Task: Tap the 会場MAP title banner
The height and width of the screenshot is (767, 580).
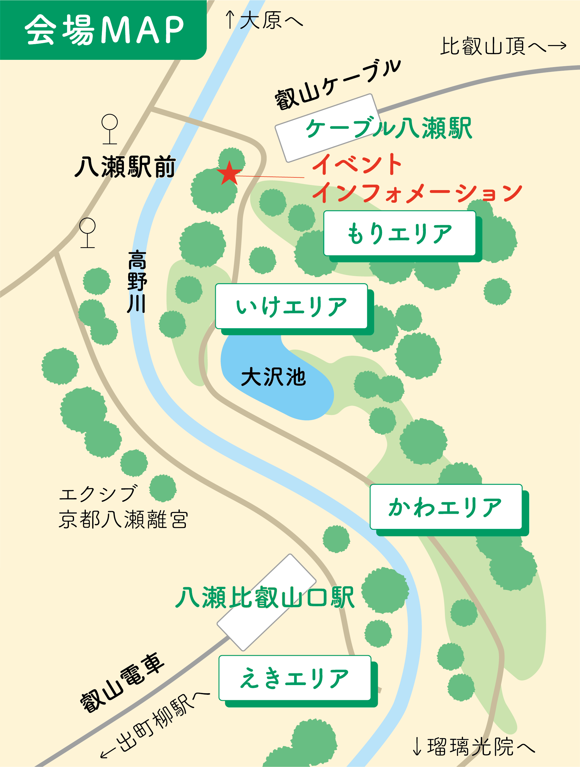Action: [103, 30]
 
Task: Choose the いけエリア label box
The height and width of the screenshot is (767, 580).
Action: [291, 306]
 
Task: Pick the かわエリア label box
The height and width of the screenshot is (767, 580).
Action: [446, 506]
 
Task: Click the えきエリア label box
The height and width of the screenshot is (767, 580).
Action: [295, 678]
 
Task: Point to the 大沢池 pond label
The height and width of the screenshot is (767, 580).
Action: [273, 377]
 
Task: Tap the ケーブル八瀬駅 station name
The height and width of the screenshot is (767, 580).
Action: [388, 128]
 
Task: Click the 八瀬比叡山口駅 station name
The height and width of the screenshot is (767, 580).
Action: [265, 597]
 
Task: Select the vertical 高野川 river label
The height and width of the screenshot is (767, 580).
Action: [137, 282]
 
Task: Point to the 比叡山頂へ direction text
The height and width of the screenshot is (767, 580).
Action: [503, 46]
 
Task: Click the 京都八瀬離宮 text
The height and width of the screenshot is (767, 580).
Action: [123, 519]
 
